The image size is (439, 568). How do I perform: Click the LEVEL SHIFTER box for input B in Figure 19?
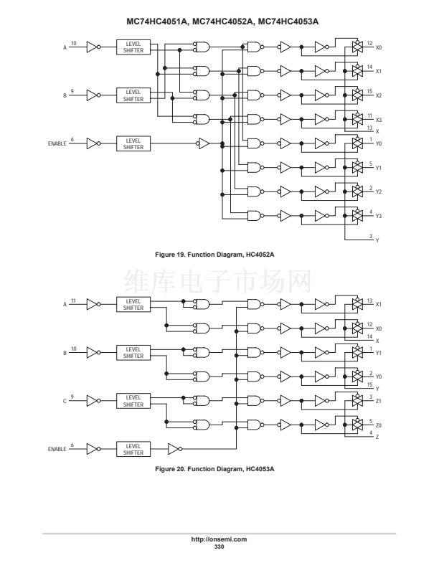(133, 95)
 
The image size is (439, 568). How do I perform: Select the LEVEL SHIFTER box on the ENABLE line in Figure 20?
(133, 449)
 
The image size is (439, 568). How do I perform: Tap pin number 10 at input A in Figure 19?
(74, 43)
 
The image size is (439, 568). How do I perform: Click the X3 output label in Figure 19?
(379, 120)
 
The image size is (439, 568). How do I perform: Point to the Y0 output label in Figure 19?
(379, 144)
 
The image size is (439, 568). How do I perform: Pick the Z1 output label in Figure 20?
(379, 401)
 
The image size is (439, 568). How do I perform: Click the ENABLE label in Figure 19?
(57, 144)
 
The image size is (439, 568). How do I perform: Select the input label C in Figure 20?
(65, 401)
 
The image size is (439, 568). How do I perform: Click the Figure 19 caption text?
(214, 255)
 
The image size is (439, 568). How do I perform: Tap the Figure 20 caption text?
(214, 469)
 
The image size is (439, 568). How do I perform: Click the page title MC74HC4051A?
(157, 22)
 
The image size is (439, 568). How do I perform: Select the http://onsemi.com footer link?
(219, 539)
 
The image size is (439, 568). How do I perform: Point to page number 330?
(219, 546)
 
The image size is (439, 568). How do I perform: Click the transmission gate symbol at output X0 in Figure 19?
(357, 47)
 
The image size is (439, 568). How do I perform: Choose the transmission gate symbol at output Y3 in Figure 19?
(357, 216)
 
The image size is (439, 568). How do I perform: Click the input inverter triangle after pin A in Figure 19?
(93, 47)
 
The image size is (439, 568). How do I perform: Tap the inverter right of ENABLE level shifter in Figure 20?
(175, 449)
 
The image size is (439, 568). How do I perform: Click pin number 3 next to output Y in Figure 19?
(371, 236)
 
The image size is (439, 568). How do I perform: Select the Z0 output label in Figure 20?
(379, 425)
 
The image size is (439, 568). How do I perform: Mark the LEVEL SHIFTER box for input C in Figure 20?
(133, 401)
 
